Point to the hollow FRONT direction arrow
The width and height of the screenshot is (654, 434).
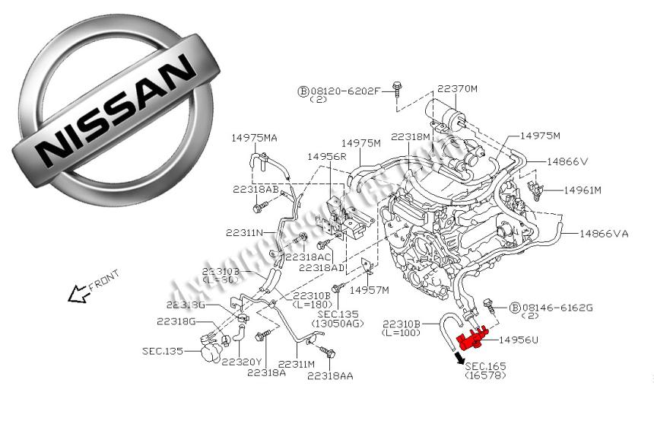click(78, 294)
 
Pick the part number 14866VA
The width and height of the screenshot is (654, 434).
click(604, 234)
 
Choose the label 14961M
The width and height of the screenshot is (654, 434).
click(583, 190)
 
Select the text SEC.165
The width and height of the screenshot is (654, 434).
click(486, 367)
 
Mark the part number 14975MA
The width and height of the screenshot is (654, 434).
click(255, 137)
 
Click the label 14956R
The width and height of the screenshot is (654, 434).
click(327, 155)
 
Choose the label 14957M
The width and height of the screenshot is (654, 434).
click(369, 290)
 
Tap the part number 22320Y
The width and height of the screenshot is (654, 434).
click(242, 362)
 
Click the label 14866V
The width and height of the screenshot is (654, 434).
click(567, 161)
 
